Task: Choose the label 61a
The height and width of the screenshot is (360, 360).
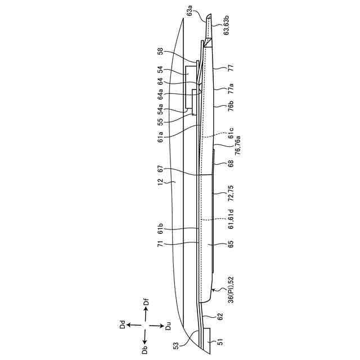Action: (161, 136)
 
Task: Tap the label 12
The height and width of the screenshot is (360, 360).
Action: (161, 182)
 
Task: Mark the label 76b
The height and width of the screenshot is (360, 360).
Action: (231, 107)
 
